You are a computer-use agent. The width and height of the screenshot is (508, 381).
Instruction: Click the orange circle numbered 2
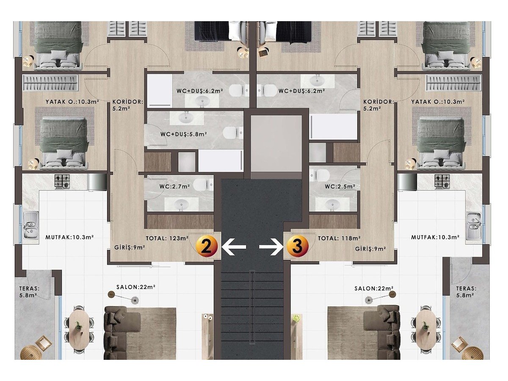207,246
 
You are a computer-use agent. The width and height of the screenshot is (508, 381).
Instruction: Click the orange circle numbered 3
298,246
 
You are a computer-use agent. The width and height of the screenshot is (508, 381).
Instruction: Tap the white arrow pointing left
234,247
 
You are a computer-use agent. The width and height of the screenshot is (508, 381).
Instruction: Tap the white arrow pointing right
271,247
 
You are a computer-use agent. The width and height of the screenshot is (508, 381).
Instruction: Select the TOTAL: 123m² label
167,238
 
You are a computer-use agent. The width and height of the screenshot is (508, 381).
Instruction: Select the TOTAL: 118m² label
339,238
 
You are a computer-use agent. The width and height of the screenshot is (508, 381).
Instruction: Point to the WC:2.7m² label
174,186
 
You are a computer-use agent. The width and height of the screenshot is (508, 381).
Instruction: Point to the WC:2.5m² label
340,186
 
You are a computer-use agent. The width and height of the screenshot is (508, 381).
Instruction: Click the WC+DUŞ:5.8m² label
184,134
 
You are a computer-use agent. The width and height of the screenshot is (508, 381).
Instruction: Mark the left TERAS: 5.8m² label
29,292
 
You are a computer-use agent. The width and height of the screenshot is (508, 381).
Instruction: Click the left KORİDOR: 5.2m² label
128,105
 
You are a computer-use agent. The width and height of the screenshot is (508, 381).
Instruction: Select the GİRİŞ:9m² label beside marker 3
370,248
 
